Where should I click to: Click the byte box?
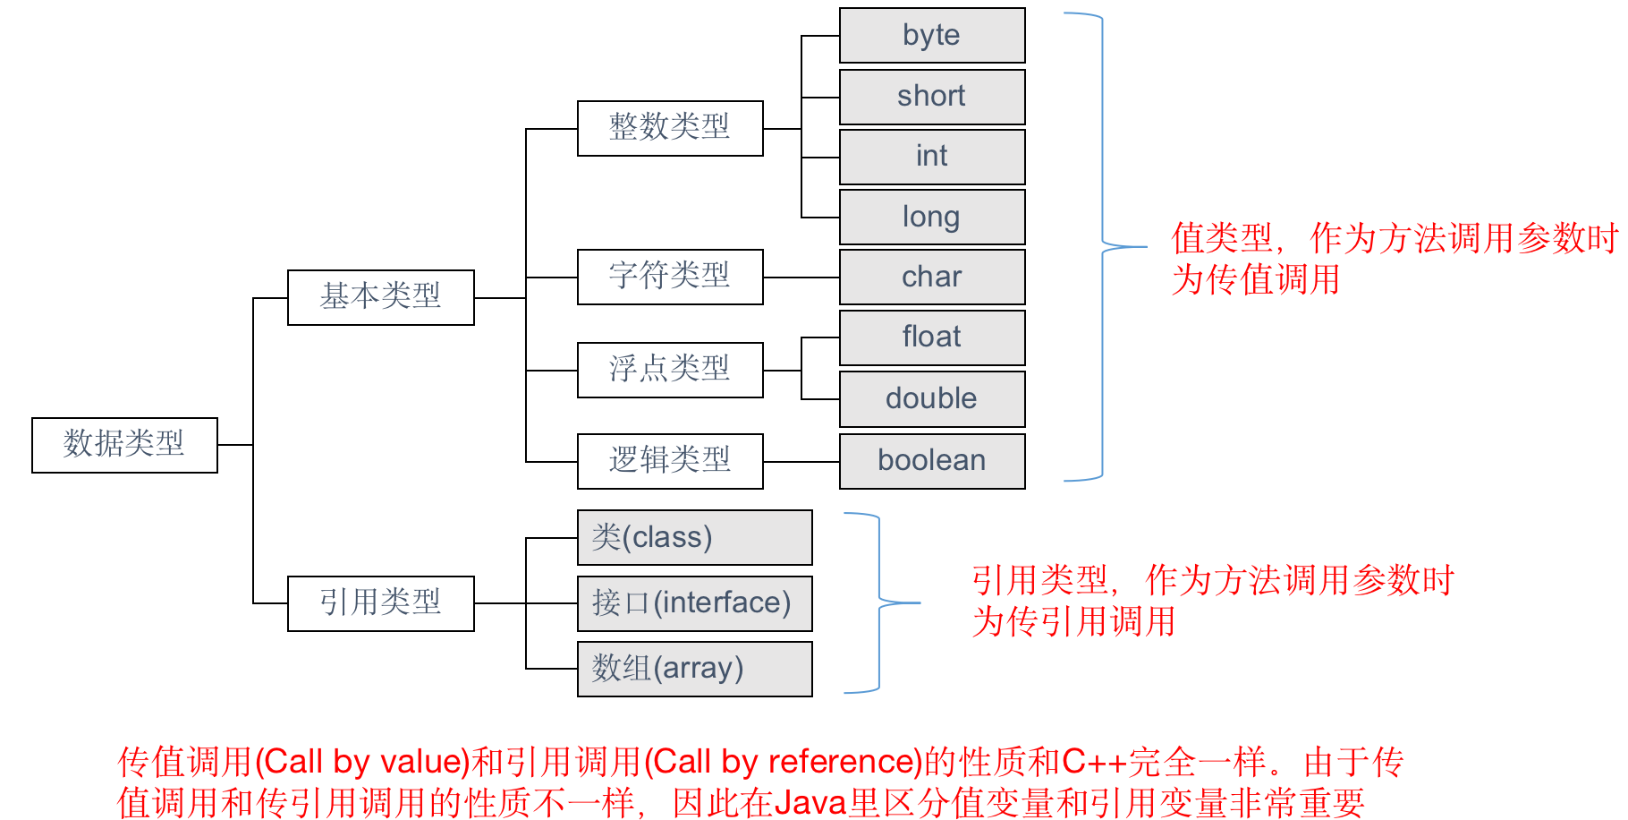tap(932, 36)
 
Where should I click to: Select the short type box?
tap(932, 97)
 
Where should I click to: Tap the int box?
tap(932, 157)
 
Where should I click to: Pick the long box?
tap(932, 217)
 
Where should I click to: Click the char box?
tap(932, 277)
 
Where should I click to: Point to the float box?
tap(932, 337)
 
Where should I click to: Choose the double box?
tap(932, 398)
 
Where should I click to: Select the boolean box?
tap(932, 460)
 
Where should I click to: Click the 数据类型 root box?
tap(124, 444)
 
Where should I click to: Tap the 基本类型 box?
tap(380, 296)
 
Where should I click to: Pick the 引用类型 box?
tap(380, 602)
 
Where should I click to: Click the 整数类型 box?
tap(670, 128)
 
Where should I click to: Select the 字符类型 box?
tap(670, 277)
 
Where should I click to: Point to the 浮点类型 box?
tap(670, 369)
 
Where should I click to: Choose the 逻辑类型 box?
tap(670, 460)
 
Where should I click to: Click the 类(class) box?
tap(694, 537)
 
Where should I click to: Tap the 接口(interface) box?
tap(694, 602)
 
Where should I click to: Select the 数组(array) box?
tap(694, 668)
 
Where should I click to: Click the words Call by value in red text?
tap(362, 762)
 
